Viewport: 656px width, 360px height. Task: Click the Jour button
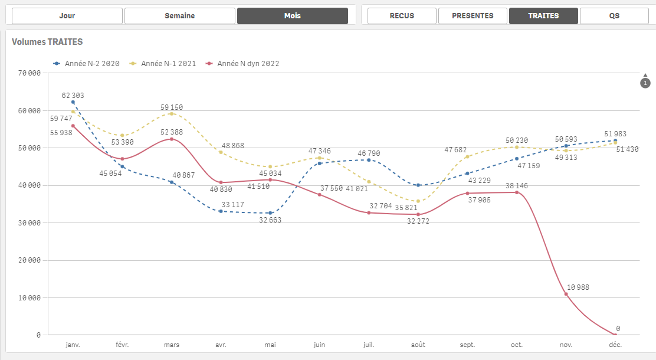pos(67,16)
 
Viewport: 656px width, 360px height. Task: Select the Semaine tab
pos(180,16)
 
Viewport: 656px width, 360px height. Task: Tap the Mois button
pos(292,16)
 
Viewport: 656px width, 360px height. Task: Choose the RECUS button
pos(402,16)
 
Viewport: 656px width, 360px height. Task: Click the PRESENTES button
pos(473,16)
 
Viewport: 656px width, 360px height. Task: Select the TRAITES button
pos(543,16)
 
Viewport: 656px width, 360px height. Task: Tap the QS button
pos(614,16)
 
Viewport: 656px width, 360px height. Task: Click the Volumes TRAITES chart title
pos(47,42)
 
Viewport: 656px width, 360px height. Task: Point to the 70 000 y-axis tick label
pos(29,73)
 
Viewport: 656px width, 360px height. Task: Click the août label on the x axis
pos(418,345)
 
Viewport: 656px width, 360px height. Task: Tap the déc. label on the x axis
pos(615,345)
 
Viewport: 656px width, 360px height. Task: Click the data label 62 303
pos(73,96)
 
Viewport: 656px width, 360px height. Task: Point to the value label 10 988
pos(578,287)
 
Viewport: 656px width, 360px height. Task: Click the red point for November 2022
pos(566,294)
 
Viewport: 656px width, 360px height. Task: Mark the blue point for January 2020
pos(73,102)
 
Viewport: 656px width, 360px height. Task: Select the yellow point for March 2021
pos(172,113)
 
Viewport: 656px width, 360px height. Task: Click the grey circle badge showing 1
pos(645,83)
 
